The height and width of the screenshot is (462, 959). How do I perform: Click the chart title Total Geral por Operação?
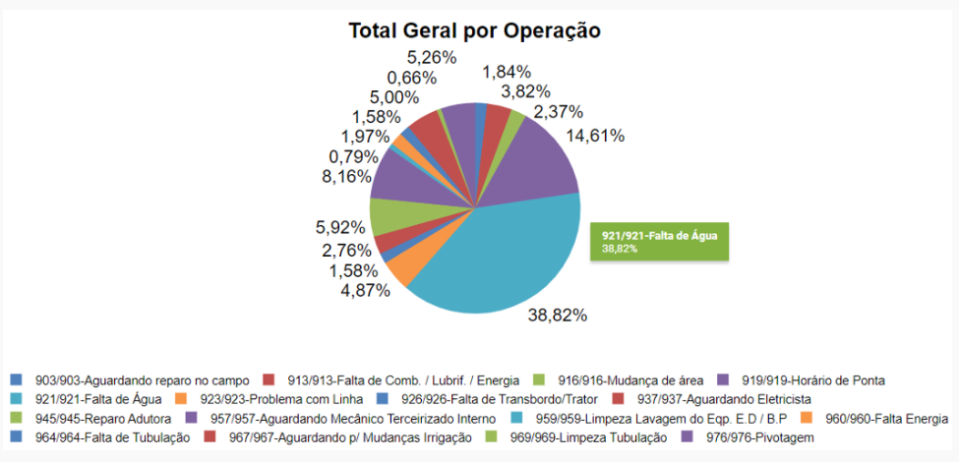pyautogui.click(x=474, y=30)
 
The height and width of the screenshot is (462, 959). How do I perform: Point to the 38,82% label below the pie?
pyautogui.click(x=557, y=316)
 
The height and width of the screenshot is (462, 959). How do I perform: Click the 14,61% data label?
pyautogui.click(x=593, y=136)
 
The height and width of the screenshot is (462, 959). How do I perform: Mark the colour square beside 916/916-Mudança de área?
pyautogui.click(x=537, y=379)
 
